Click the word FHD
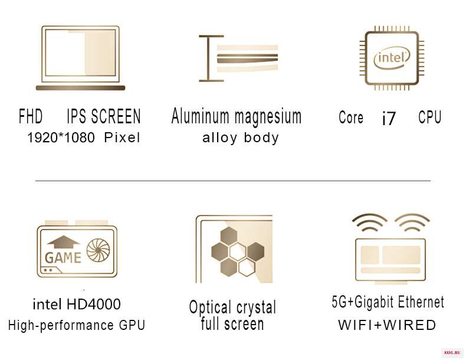coord(31,116)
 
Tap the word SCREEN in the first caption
coord(116,116)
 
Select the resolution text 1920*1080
coord(61,138)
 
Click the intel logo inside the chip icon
coord(392,58)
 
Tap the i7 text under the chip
coord(389,118)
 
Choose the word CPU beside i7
coord(430,117)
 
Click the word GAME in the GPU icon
coord(63,258)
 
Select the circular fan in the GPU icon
coord(98,250)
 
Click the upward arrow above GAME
coord(63,242)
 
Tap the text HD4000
coord(94,304)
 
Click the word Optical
coord(210,307)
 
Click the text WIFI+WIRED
coord(387,325)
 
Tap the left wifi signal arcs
coord(370,218)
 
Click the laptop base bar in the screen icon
coord(81,88)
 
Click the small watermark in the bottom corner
coord(452,353)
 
